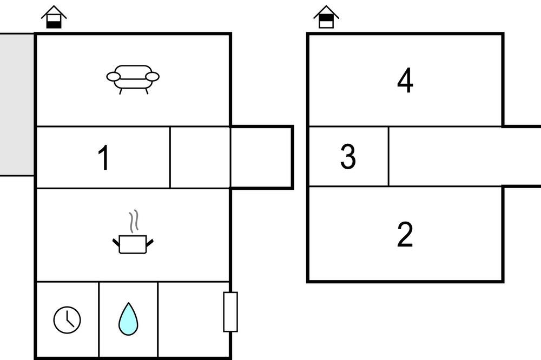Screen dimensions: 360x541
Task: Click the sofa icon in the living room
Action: (133, 79)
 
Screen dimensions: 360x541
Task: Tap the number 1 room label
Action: (104, 158)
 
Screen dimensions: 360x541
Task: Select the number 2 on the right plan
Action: (405, 235)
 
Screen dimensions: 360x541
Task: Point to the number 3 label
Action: (348, 157)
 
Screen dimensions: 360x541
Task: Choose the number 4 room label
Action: (405, 81)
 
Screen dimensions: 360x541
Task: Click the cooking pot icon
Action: (133, 244)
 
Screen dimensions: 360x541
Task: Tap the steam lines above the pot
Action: (133, 221)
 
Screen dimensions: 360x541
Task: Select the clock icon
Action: (67, 319)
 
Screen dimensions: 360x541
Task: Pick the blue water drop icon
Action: (128, 319)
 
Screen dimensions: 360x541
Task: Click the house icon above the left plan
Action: (54, 17)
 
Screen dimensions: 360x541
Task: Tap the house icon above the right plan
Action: (326, 17)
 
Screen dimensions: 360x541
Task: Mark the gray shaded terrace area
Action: (17, 104)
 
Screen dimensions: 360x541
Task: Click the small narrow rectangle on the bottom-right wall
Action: (230, 311)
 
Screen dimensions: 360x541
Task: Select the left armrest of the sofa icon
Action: (113, 77)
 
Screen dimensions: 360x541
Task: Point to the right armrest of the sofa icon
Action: (153, 77)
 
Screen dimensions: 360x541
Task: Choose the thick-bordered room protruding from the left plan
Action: (262, 157)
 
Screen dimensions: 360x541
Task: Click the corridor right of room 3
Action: (460, 157)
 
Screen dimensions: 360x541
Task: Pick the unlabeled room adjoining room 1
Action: (200, 157)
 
